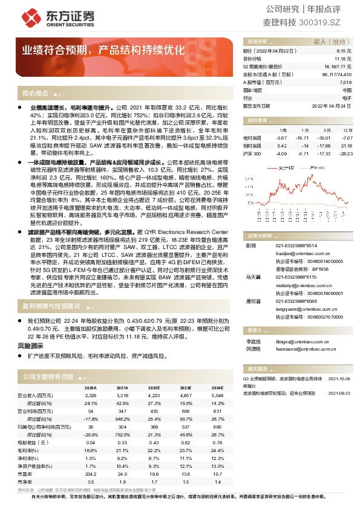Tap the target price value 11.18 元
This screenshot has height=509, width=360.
tap(343, 59)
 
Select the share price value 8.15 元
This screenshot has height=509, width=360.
tap(344, 52)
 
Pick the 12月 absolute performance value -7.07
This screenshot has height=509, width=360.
tap(347, 138)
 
